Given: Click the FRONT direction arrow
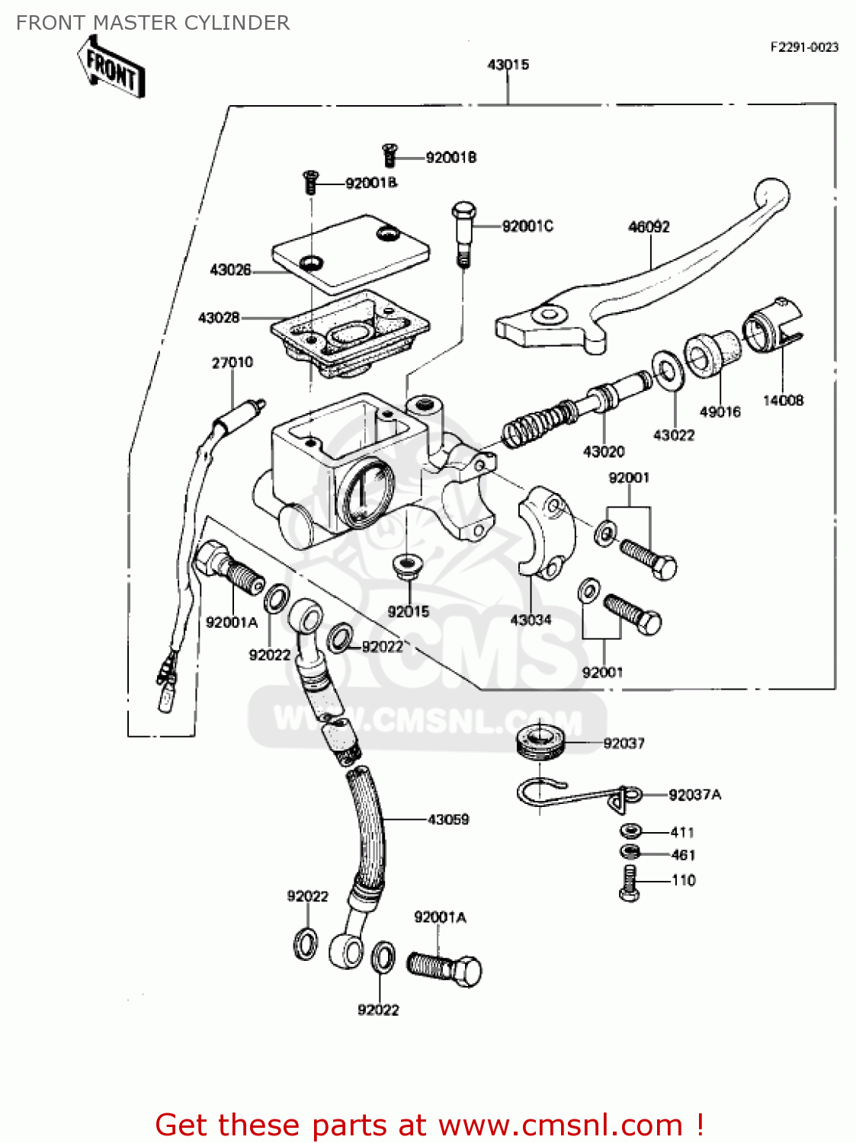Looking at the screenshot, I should click(x=111, y=68).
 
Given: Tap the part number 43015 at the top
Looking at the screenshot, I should click(x=508, y=65).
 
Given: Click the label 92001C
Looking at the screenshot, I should click(x=527, y=226).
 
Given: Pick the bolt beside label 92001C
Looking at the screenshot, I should click(x=463, y=232).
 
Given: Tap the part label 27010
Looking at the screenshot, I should click(x=232, y=363).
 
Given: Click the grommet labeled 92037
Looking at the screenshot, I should click(x=540, y=741).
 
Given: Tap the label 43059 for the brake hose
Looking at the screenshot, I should click(x=448, y=820).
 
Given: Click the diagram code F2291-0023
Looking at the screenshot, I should click(x=804, y=47).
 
